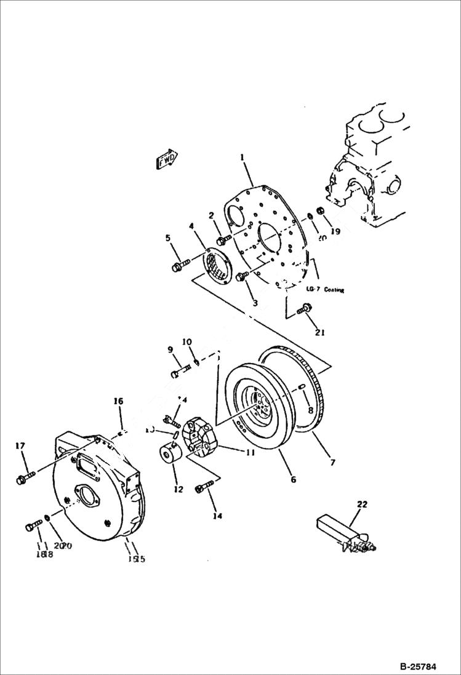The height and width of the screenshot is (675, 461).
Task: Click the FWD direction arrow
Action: (x=166, y=159)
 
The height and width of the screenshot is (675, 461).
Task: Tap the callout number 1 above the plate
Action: (x=243, y=158)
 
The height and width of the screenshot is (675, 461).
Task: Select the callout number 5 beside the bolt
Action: (x=167, y=238)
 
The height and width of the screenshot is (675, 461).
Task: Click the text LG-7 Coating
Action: (x=325, y=289)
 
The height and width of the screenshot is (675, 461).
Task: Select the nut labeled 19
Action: (x=321, y=213)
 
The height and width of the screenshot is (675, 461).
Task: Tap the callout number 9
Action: (x=170, y=350)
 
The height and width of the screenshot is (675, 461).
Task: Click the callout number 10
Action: (x=186, y=341)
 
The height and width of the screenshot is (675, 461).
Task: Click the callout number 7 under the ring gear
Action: (x=332, y=462)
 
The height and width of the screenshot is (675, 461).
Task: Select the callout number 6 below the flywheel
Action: (x=294, y=478)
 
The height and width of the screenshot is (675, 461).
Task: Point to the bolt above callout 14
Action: (x=202, y=488)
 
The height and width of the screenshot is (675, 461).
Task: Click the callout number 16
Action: (x=118, y=401)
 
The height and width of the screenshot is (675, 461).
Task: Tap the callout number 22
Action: (x=362, y=505)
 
